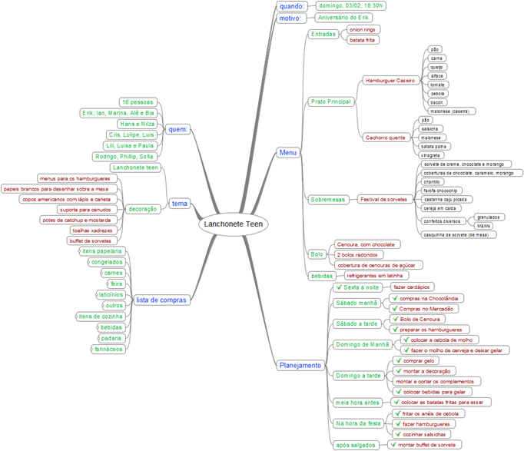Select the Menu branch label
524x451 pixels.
click(x=288, y=153)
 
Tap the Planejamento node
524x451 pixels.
click(x=300, y=366)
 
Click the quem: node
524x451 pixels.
click(x=178, y=130)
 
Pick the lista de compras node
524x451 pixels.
click(x=161, y=300)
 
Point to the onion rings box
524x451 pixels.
click(x=363, y=29)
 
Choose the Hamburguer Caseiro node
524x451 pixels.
click(x=390, y=80)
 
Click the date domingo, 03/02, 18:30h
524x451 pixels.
click(x=351, y=5)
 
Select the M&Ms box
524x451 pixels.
click(x=483, y=226)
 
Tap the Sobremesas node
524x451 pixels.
click(x=329, y=200)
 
